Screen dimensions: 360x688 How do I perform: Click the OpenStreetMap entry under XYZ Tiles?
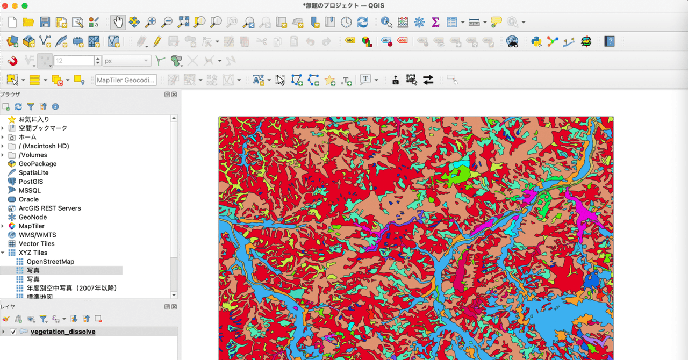tap(50, 262)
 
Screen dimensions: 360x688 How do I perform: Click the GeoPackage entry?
tap(37, 164)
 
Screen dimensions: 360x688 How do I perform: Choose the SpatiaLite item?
tap(33, 172)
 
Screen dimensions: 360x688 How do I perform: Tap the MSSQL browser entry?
tap(30, 190)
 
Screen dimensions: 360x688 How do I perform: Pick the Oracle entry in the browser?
tap(28, 199)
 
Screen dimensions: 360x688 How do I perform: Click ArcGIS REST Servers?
tap(49, 208)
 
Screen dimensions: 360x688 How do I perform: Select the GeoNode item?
tap(32, 217)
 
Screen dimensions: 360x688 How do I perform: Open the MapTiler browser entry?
tap(31, 226)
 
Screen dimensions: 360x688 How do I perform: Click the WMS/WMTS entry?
tap(37, 235)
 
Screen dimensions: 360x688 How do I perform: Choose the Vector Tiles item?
tap(37, 244)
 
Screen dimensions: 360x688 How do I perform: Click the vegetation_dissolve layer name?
tap(63, 332)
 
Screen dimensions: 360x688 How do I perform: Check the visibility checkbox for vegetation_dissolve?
tap(13, 332)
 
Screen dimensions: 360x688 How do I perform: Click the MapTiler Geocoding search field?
tap(126, 80)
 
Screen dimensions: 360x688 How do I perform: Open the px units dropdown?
tap(127, 61)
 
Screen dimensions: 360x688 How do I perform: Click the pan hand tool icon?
tap(118, 22)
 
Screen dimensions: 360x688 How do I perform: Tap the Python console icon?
tap(536, 41)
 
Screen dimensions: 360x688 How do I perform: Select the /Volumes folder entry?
tap(32, 155)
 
